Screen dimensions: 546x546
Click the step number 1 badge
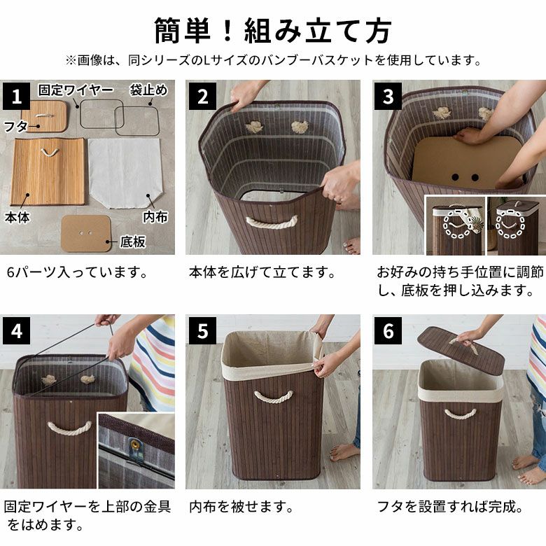[17, 96]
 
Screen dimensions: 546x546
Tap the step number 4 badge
[17, 330]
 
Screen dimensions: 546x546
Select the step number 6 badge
[388, 330]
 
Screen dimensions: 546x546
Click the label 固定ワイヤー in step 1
[76, 90]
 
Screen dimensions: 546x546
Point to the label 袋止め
[148, 90]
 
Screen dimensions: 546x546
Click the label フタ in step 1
[15, 126]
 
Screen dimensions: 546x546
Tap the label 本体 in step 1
[17, 217]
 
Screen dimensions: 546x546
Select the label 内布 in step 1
[155, 216]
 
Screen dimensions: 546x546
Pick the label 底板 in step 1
[132, 241]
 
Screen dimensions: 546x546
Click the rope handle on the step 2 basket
[272, 222]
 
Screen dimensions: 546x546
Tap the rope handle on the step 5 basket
[273, 397]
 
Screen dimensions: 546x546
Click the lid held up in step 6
[461, 349]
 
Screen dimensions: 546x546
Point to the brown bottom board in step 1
[86, 233]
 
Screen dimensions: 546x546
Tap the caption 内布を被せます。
[241, 507]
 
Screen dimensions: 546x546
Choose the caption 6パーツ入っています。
[77, 272]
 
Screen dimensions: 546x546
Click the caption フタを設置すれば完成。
[450, 507]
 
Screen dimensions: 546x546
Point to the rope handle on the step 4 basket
[69, 428]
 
